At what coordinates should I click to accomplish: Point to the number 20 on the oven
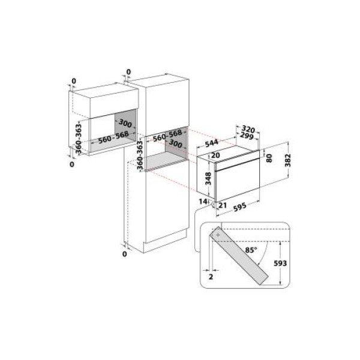[217, 155]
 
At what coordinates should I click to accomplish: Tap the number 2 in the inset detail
[211, 278]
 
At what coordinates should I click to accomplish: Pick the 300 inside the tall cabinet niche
[175, 145]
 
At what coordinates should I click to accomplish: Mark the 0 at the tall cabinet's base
[125, 254]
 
